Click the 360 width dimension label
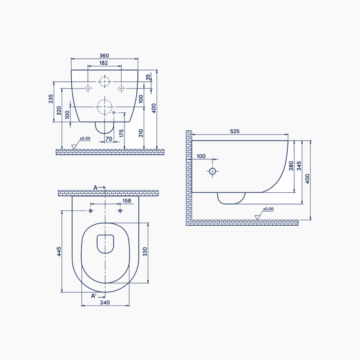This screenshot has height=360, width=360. pyautogui.click(x=104, y=55)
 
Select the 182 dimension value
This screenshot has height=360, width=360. pyautogui.click(x=103, y=63)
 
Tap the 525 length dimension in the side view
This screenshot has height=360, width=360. pyautogui.click(x=235, y=131)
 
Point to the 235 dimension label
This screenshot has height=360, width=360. pyautogui.click(x=51, y=99)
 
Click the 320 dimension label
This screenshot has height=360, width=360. pyautogui.click(x=59, y=111)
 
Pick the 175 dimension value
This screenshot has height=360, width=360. pyautogui.click(x=121, y=133)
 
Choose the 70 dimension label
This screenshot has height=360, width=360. pyautogui.click(x=109, y=139)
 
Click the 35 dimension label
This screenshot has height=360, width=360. pyautogui.click(x=148, y=77)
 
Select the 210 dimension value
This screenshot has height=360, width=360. pyautogui.click(x=141, y=133)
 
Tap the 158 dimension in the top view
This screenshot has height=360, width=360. pyautogui.click(x=127, y=201)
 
